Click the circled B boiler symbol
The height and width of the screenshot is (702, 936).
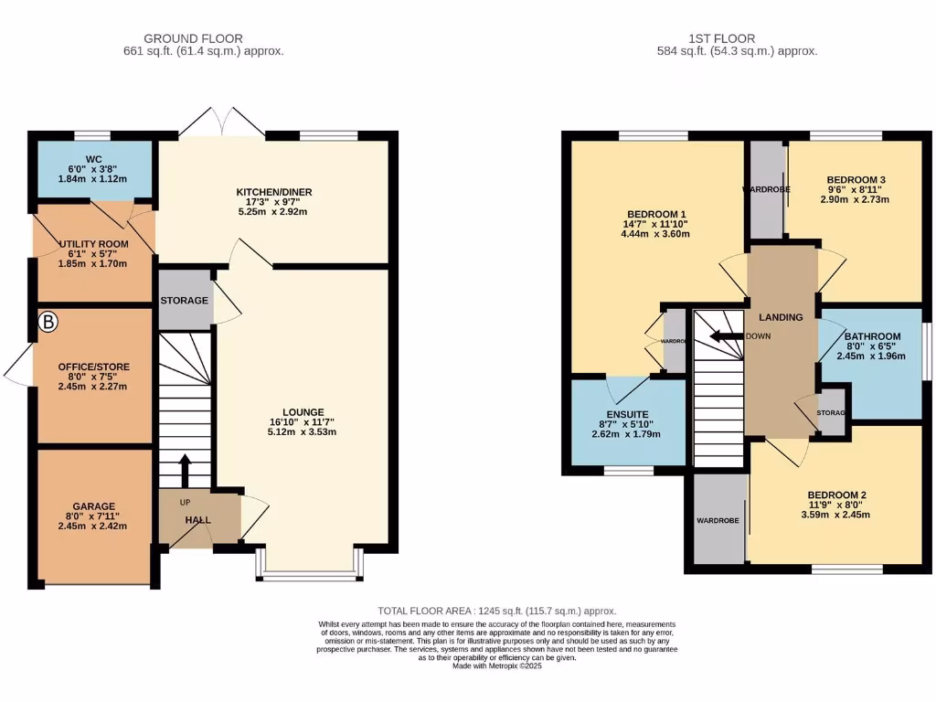[48, 322]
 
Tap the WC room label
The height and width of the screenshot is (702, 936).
[93, 155]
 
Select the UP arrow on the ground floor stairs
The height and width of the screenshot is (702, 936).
[184, 471]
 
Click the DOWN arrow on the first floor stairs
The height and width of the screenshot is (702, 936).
[728, 335]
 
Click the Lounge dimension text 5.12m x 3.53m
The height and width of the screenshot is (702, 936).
[303, 432]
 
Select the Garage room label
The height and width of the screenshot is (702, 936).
[93, 505]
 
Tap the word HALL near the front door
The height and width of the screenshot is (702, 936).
[198, 520]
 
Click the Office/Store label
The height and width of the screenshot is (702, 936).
[93, 367]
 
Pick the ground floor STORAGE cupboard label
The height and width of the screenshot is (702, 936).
[185, 301]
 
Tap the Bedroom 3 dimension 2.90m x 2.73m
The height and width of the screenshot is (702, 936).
[856, 199]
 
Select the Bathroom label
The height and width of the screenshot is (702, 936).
[872, 335]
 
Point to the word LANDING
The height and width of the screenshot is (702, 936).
[781, 317]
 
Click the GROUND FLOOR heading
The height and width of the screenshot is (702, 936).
[193, 38]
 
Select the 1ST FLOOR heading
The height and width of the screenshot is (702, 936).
[721, 38]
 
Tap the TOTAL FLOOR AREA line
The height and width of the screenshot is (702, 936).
[497, 611]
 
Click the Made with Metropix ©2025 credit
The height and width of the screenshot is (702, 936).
[497, 666]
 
